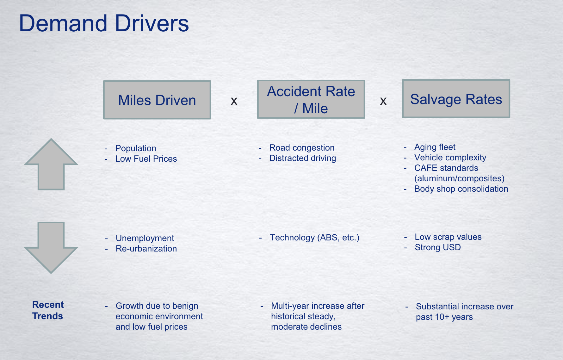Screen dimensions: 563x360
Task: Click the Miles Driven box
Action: pos(157,100)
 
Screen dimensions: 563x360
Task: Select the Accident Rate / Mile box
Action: pos(311,99)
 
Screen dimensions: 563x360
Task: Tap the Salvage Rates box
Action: pos(456,99)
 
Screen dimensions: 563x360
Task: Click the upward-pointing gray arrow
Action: pos(51,164)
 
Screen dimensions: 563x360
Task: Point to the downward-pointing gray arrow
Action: pos(51,248)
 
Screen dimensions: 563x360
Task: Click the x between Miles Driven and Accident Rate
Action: pos(234,101)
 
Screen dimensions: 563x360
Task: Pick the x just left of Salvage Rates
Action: pos(383,101)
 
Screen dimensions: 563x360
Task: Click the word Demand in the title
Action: pos(63,23)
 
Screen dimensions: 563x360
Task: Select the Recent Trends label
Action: pos(48,310)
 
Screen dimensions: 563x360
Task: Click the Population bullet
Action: pos(136,148)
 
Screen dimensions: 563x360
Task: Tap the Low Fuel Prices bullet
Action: pos(146,159)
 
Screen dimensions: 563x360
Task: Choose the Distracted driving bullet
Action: pos(303,158)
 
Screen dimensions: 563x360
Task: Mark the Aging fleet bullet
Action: pos(435,147)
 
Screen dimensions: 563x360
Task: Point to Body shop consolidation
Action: pos(461,189)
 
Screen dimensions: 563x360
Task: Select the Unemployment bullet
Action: pos(145,238)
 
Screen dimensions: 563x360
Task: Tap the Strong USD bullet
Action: pos(438,247)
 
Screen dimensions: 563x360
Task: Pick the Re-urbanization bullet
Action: pos(146,249)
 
